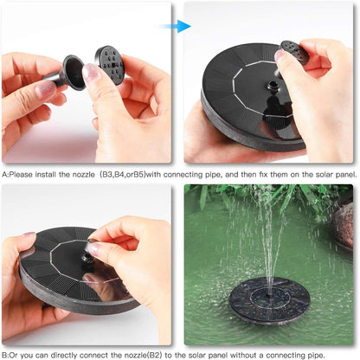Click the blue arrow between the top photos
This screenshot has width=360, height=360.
pyautogui.click(x=178, y=26)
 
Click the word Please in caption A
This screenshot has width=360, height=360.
pyautogui.click(x=26, y=174)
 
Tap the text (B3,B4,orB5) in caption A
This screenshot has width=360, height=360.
pyautogui.click(x=127, y=174)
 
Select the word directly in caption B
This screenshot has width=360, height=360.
pyautogui.click(x=67, y=355)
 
